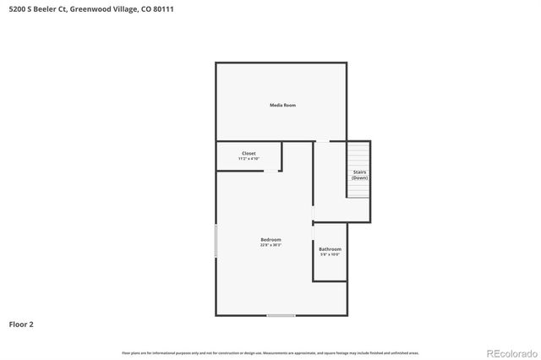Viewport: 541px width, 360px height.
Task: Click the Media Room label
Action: [x=282, y=105]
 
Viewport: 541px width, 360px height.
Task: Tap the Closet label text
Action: [x=249, y=153]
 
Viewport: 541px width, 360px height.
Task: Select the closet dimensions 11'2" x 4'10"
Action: [x=249, y=159]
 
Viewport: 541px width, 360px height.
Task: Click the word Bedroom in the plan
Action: [x=270, y=240]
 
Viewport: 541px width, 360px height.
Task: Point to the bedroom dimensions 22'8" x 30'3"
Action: [x=270, y=245]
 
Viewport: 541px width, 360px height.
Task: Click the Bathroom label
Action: [x=330, y=249]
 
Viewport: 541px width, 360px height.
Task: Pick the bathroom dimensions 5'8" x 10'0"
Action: [x=330, y=254]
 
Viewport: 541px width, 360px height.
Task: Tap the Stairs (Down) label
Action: [x=359, y=175]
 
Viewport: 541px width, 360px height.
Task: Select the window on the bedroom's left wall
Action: [x=216, y=241]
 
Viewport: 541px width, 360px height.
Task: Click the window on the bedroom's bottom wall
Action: [x=281, y=315]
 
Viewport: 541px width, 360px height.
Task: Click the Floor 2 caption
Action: [x=21, y=324]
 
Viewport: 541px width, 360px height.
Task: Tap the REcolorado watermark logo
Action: [x=510, y=352]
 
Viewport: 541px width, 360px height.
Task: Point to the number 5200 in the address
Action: [x=14, y=10]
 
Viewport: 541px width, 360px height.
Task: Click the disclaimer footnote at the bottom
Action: [x=270, y=352]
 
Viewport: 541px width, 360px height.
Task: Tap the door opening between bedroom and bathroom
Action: [x=314, y=223]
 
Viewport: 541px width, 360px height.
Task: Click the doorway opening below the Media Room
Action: [x=322, y=141]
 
